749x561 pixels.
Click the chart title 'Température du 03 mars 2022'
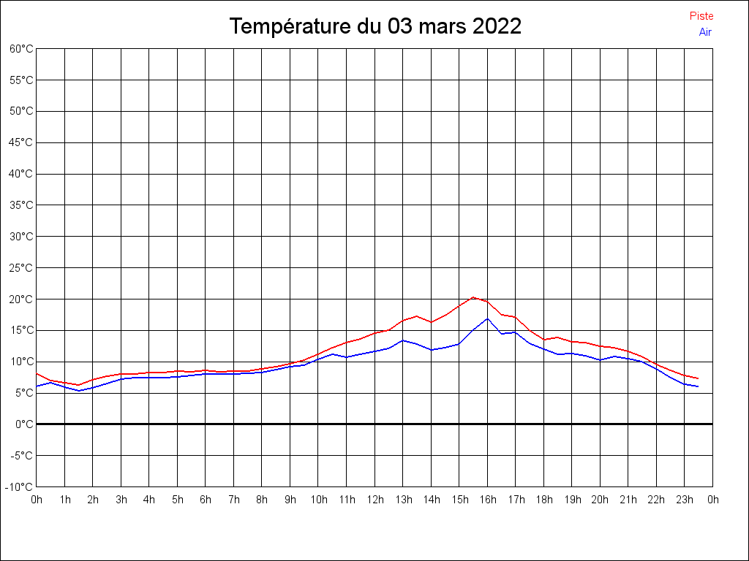coord(375,26)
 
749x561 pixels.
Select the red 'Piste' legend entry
coord(701,16)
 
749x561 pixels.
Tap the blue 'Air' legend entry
coord(705,31)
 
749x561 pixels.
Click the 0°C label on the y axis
coord(25,424)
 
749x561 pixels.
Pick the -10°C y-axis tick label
coord(20,486)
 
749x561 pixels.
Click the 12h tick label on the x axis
coord(375,500)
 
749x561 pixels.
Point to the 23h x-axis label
coord(685,500)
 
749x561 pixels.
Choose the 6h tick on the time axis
coord(206,500)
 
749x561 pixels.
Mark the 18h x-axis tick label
coord(544,500)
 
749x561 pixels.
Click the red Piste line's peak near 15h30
coord(473,297)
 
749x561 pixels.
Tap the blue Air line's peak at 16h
coord(487,318)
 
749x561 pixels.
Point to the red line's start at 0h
coord(37,373)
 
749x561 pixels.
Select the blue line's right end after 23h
coord(698,386)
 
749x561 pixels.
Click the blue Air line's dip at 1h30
coord(79,391)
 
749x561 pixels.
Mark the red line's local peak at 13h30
coord(417,316)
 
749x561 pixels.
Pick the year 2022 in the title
coord(497,26)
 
